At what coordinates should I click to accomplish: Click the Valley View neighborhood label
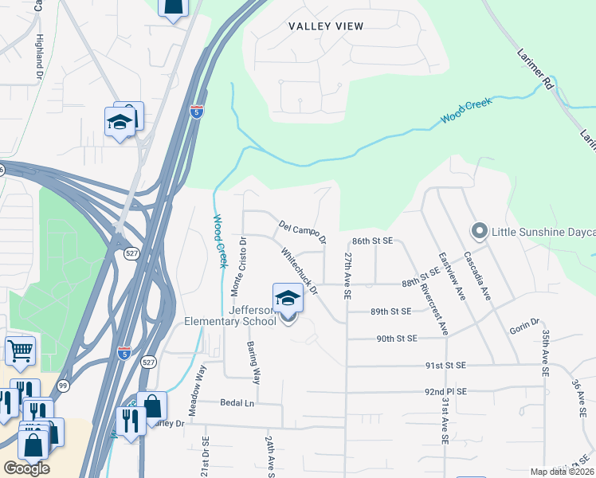click(326, 26)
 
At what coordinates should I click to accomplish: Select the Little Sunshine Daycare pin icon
click(479, 231)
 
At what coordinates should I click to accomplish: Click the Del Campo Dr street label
click(303, 232)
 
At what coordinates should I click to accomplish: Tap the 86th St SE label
click(373, 240)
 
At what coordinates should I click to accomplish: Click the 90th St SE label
click(397, 339)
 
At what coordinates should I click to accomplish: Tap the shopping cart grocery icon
click(20, 350)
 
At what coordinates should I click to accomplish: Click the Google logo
click(26, 468)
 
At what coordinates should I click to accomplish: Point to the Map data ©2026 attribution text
click(563, 472)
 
